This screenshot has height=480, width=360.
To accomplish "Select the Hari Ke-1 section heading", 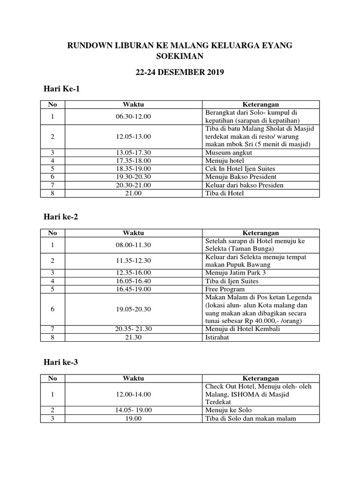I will coord(60,89).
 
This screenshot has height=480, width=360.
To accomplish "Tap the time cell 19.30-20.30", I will coord(133,176).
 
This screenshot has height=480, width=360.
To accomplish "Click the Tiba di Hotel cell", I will coord(225,193).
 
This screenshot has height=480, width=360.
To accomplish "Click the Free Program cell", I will coord(225,289).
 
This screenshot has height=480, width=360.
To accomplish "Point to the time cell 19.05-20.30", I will coord(133,309).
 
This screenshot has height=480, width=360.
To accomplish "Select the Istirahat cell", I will coord(217,337).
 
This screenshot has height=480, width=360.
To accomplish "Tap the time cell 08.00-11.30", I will coord(133,245).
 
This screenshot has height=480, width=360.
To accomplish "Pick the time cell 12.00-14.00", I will coord(133,394).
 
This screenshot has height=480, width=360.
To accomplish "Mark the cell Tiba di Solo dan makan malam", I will coord(250,418).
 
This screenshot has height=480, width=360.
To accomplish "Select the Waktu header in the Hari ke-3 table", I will coord(133,378).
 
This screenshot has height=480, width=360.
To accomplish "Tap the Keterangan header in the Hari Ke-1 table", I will coord(260,104).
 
